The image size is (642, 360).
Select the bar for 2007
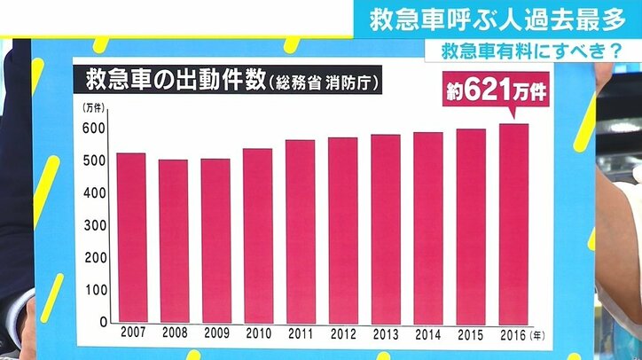click(x=131, y=237)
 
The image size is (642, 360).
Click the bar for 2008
click(x=174, y=240)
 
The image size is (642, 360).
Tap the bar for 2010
click(x=258, y=235)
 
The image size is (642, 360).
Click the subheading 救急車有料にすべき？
click(x=518, y=52)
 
